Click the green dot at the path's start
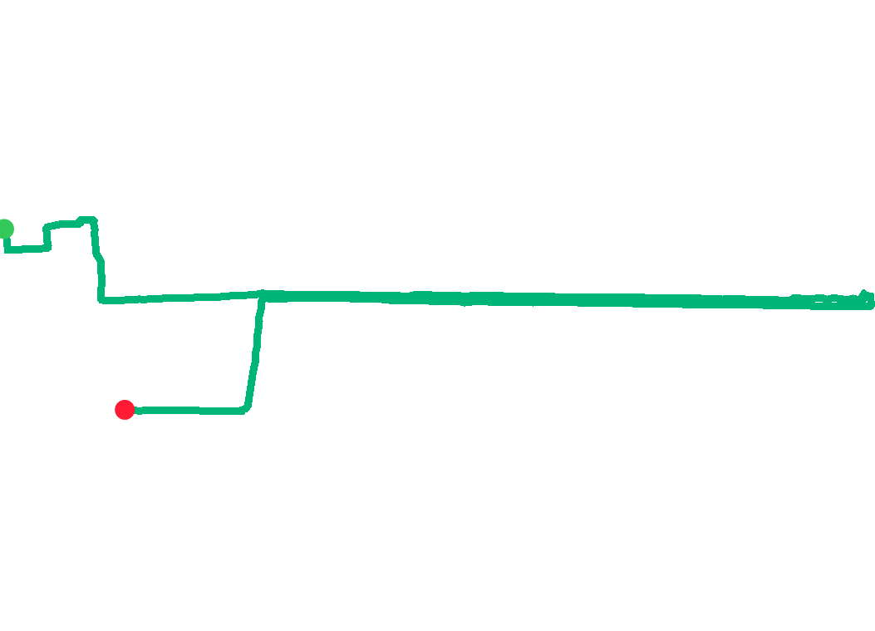5,228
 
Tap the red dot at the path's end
125,409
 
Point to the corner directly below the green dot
6,249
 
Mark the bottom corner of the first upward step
47,247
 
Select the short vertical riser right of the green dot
47,236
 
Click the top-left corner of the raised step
47,226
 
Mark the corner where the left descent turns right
101,299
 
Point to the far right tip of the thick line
871,304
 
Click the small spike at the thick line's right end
865,293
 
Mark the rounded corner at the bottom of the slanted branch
244,409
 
